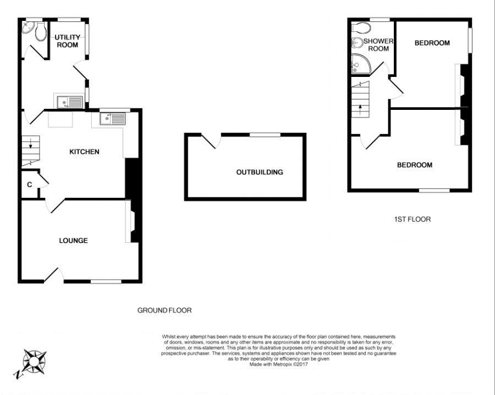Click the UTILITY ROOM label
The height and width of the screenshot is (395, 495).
click(x=67, y=41)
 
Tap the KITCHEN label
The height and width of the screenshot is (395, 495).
click(x=84, y=152)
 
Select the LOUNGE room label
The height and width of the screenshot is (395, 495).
click(x=73, y=241)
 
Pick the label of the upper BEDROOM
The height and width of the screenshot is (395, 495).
click(x=432, y=43)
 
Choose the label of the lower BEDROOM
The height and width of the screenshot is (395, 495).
click(x=414, y=165)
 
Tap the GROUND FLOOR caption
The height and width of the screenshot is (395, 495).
click(x=164, y=310)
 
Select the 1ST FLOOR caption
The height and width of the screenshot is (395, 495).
click(x=412, y=219)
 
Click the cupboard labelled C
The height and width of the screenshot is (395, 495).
click(x=29, y=185)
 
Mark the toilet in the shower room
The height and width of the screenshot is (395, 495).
click(x=358, y=27)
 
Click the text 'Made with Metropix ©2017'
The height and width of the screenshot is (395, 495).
click(x=278, y=364)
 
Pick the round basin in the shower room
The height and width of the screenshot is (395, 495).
click(x=356, y=42)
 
